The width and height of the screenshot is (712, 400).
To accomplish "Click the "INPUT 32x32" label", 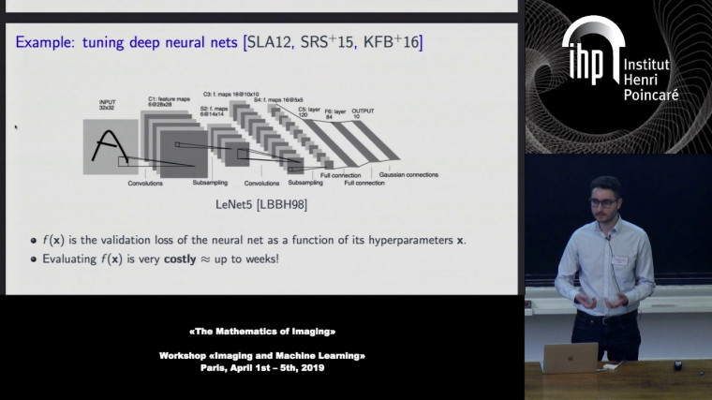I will pyautogui.click(x=109, y=103).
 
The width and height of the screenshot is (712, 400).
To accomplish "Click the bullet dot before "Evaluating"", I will pyautogui.click(x=34, y=258).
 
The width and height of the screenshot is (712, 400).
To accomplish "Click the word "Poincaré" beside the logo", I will pyautogui.click(x=650, y=95).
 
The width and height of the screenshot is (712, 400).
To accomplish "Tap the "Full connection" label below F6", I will pyautogui.click(x=363, y=183).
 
